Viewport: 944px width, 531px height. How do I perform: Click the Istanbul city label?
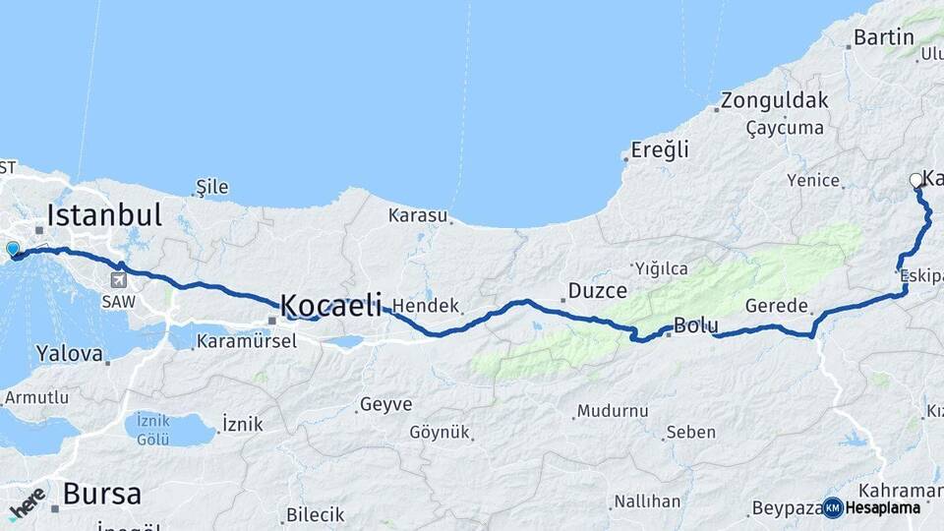[103, 213]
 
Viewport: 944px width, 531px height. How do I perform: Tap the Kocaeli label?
[330, 305]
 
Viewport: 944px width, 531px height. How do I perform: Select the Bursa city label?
[102, 494]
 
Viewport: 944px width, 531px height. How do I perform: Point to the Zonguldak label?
[774, 100]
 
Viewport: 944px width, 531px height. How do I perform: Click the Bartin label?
[884, 38]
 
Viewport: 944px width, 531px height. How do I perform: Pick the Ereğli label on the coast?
[660, 150]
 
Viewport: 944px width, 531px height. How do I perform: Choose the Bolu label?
[695, 325]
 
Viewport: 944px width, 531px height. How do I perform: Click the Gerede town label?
[777, 305]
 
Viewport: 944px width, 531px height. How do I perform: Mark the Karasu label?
[417, 214]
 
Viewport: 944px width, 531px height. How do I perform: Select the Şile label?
[212, 187]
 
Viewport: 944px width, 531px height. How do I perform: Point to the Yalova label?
[69, 352]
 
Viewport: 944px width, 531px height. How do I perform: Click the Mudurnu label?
[613, 410]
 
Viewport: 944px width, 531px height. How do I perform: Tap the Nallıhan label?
[646, 501]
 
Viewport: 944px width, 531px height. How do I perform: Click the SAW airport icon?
[118, 281]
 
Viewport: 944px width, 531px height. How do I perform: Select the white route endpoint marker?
[916, 180]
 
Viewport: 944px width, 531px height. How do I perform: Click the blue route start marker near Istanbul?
[13, 250]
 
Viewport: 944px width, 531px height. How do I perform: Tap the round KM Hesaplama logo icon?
[833, 507]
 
